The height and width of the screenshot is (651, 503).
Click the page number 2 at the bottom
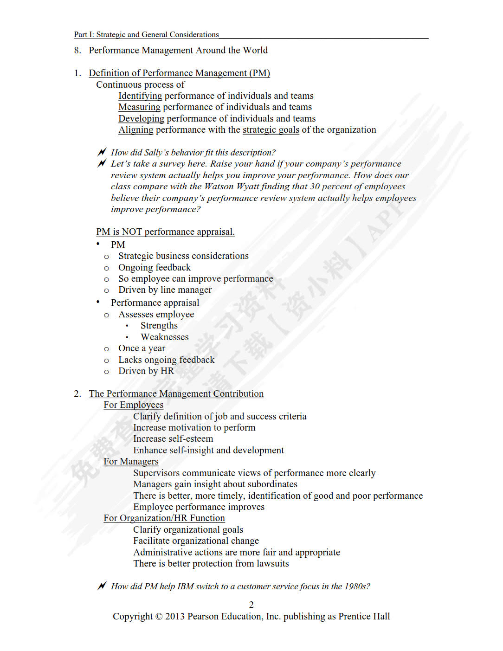pyautogui.click(x=251, y=605)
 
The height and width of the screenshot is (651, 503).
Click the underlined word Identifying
pyautogui.click(x=140, y=96)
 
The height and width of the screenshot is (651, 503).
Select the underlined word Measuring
pyautogui.click(x=139, y=107)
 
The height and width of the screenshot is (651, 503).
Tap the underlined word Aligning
pyautogui.click(x=135, y=130)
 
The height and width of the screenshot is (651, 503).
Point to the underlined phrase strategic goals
pyautogui.click(x=271, y=130)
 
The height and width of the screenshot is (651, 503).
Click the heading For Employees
pyautogui.click(x=133, y=405)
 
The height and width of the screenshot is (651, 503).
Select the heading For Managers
pyautogui.click(x=131, y=462)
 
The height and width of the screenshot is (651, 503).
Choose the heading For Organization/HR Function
pyautogui.click(x=164, y=518)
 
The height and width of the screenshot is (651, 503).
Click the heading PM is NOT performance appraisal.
pyautogui.click(x=165, y=232)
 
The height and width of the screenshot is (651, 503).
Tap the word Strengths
pyautogui.click(x=159, y=326)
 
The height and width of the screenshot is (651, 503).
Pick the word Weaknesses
pyautogui.click(x=164, y=337)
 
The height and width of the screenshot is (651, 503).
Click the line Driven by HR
pyautogui.click(x=146, y=371)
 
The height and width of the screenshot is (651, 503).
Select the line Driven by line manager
pyautogui.click(x=165, y=290)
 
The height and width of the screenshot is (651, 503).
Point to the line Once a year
pyautogui.click(x=142, y=348)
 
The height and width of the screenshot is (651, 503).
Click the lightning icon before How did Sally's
pyautogui.click(x=102, y=152)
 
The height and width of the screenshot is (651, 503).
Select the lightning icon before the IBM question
pyautogui.click(x=102, y=586)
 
